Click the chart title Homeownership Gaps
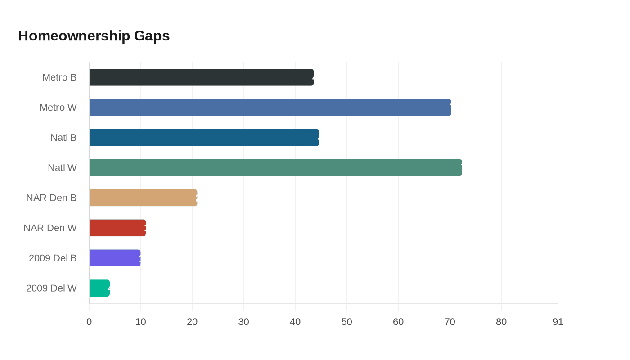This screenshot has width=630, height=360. click(94, 36)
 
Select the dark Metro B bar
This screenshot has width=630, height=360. click(201, 77)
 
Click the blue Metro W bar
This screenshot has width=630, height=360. click(270, 108)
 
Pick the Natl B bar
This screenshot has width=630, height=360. click(204, 138)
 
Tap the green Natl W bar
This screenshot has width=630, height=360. click(275, 168)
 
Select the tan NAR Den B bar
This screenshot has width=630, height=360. click(143, 198)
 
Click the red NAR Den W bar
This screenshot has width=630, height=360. click(117, 228)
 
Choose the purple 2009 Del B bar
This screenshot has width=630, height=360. click(115, 258)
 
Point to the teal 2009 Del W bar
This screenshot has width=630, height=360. click(99, 288)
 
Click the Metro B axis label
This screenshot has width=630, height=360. click(59, 77)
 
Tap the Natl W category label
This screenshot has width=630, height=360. click(62, 168)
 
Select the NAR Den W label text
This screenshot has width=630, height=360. click(50, 228)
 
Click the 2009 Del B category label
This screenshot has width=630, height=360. click(53, 258)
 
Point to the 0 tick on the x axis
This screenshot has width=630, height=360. click(89, 322)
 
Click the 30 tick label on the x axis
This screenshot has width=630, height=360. click(244, 322)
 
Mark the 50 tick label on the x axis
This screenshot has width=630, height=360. click(347, 322)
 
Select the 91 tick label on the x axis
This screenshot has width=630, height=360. click(558, 322)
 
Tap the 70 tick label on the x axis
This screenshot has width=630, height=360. click(450, 322)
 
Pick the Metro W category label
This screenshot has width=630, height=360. click(58, 108)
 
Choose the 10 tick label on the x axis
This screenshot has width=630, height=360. click(141, 322)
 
